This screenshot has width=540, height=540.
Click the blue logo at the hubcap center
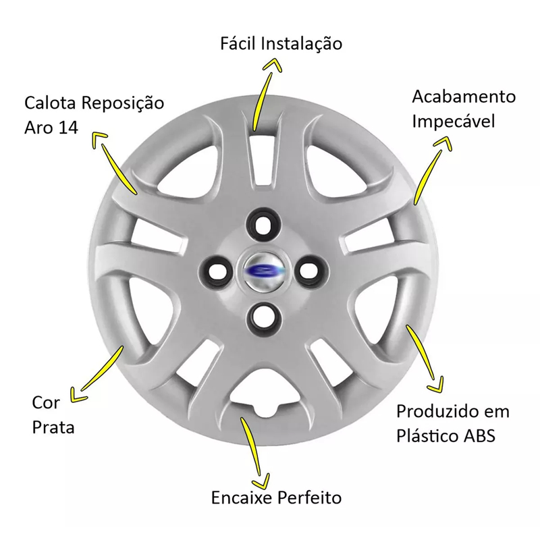tap(263, 271)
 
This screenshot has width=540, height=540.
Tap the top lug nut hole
tap(263, 224)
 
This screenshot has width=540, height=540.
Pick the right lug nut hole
tap(311, 271)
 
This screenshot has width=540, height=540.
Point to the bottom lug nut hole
tap(264, 319)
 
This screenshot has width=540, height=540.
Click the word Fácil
tap(238, 43)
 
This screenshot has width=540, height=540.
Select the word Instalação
tap(301, 45)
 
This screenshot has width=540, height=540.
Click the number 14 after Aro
tap(69, 128)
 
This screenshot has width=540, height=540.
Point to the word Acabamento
tap(464, 97)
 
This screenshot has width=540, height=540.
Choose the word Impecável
tap(454, 122)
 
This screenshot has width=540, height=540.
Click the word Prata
tap(53, 427)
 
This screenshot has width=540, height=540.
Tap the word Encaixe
tap(242, 497)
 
